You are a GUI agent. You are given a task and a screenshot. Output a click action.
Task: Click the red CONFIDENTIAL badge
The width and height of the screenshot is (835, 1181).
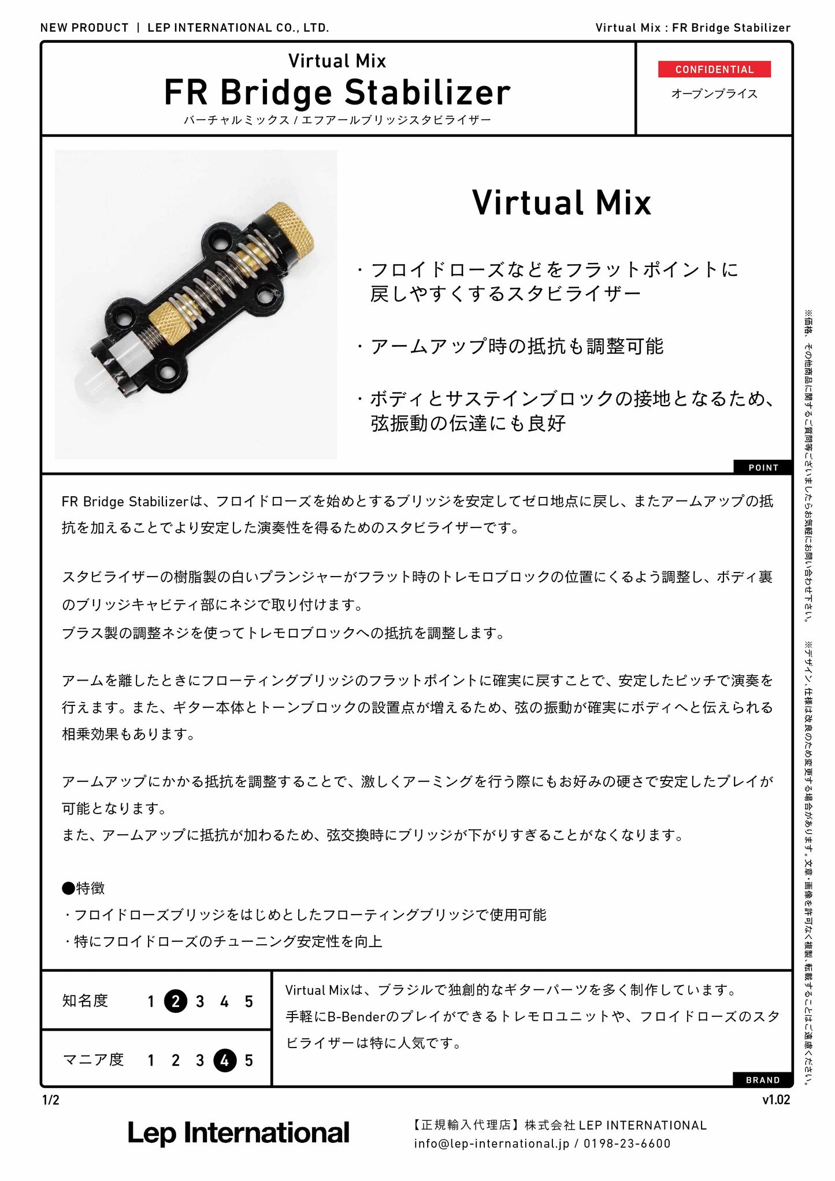pyautogui.click(x=714, y=69)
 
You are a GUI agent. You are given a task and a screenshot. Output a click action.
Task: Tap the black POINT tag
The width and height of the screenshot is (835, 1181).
pyautogui.click(x=763, y=467)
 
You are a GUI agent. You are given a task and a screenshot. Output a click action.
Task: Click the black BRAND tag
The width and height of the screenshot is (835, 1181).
pyautogui.click(x=763, y=1079)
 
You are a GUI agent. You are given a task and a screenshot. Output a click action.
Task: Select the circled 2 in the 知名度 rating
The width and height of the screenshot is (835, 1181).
pyautogui.click(x=176, y=1001)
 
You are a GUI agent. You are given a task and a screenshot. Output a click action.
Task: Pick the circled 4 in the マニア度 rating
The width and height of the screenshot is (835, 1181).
pyautogui.click(x=225, y=1060)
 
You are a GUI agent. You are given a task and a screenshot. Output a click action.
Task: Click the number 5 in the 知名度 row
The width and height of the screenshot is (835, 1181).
pyautogui.click(x=249, y=1001)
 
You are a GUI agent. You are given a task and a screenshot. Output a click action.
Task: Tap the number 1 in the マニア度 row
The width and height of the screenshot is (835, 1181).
pyautogui.click(x=151, y=1060)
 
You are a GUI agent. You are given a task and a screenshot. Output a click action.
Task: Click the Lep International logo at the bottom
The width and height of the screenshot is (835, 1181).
pyautogui.click(x=238, y=1134)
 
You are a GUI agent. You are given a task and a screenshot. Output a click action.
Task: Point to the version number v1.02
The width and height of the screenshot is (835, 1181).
pyautogui.click(x=776, y=1100)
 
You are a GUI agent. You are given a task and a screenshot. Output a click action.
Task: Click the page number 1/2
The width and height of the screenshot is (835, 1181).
pyautogui.click(x=51, y=1100)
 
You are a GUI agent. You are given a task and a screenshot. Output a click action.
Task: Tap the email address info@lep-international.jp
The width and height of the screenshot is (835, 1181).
pyautogui.click(x=492, y=1143)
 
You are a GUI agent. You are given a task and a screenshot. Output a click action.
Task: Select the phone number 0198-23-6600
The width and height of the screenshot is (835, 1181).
pyautogui.click(x=627, y=1143)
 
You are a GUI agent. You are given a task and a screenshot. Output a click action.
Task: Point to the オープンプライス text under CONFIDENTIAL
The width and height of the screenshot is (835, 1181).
pyautogui.click(x=714, y=94)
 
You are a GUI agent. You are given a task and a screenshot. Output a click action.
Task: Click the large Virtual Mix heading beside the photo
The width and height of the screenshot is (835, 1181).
pyautogui.click(x=562, y=203)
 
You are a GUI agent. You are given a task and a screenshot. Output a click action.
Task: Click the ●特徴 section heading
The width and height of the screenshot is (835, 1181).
pyautogui.click(x=83, y=887)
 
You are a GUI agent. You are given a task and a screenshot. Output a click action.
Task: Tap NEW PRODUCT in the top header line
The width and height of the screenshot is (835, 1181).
pyautogui.click(x=84, y=28)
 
